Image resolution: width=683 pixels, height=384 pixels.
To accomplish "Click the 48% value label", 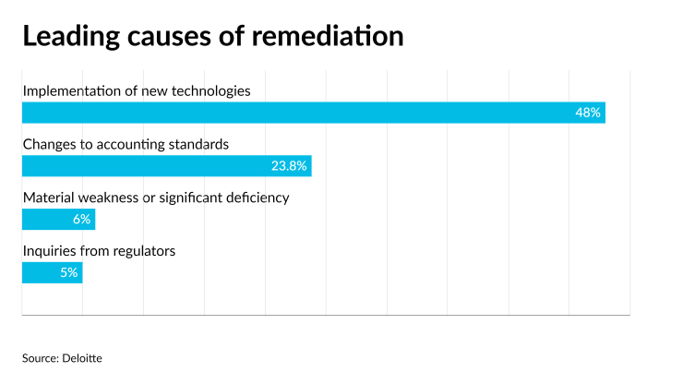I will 588,113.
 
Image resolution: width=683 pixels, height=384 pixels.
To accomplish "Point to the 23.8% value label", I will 288,166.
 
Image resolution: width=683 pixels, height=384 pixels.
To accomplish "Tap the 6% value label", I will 80,220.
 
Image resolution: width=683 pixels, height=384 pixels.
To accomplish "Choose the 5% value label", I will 68,273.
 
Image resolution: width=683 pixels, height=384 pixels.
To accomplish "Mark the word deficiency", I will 256,198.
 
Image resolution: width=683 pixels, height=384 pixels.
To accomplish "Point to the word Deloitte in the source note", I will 82,357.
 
